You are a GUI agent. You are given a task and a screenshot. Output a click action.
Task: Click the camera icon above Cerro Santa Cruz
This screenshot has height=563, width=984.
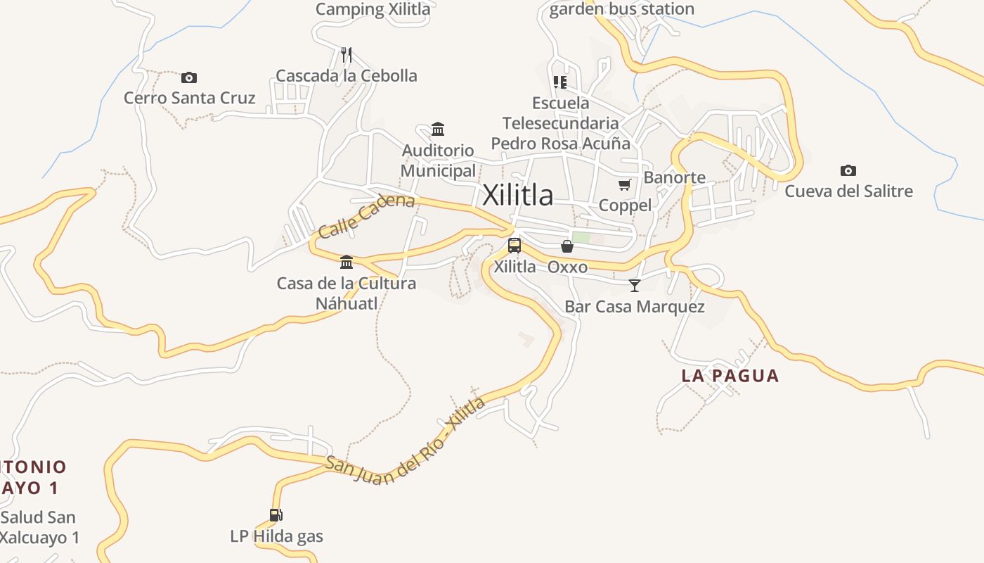coord(188,77)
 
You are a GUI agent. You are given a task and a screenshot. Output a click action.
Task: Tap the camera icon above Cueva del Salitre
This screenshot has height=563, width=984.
coord(848,170)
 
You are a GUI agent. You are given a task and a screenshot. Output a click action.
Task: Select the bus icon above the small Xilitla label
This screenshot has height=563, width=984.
coord(514,246)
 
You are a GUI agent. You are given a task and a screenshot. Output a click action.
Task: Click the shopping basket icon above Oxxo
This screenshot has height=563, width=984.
coord(567,246)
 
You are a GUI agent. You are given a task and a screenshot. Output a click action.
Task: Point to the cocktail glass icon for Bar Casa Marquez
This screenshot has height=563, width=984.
coord(635,285)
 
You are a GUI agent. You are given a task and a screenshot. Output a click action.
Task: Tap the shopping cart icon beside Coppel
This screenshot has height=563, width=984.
coord(624,184)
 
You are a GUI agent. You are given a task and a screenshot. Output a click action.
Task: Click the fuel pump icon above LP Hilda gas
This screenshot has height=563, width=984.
coord(276,515)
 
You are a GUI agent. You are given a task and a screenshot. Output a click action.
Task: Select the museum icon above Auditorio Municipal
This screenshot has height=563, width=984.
coord(438,129)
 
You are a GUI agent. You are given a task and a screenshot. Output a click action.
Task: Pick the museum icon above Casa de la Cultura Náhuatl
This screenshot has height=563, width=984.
coord(346,262)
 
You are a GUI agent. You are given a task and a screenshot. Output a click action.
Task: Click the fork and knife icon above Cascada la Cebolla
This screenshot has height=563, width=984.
coord(346,54)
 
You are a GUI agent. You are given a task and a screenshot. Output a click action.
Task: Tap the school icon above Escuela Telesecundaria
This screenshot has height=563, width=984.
coord(560,82)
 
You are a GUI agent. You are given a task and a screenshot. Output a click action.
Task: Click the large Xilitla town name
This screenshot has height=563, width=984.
coord(518,195)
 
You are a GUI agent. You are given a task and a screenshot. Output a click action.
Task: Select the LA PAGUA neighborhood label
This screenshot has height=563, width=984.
coord(730,376)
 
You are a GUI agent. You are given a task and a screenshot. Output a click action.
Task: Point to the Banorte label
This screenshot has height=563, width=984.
coord(674,177)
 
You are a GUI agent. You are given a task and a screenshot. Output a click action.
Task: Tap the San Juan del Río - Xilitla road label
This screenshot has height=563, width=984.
coord(406,441)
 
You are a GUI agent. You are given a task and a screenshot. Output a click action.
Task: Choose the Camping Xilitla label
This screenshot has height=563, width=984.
coord(373,9)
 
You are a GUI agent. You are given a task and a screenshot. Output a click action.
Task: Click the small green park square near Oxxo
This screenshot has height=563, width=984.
coord(581,237)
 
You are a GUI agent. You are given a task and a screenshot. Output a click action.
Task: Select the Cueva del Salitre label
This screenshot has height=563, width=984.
coord(848,191)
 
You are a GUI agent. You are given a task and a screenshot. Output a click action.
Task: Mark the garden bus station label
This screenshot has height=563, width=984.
coord(621,9)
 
